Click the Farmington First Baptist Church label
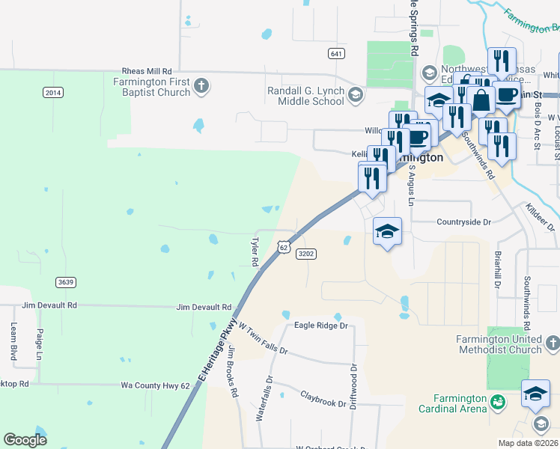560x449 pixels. (x=152, y=88)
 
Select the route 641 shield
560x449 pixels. (x=336, y=53)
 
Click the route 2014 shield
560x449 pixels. (x=53, y=92)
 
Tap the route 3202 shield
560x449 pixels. (x=306, y=254)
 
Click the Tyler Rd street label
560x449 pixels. (x=255, y=252)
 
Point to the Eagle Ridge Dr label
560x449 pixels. (x=322, y=326)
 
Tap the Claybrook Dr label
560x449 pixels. (x=323, y=398)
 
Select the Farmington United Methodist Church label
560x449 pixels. (x=499, y=344)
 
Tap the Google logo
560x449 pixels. (x=25, y=440)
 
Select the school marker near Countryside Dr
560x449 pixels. (x=387, y=232)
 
